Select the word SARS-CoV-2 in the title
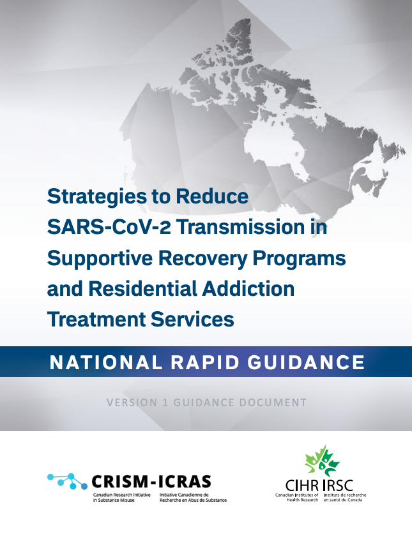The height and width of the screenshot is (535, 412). pos(109,227)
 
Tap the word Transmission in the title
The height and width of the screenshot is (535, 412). pos(241,227)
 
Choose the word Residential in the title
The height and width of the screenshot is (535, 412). pos(143,289)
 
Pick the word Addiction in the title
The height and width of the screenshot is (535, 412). pos(248,289)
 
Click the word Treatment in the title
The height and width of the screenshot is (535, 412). pos(96,319)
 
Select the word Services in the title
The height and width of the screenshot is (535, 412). pos(192,319)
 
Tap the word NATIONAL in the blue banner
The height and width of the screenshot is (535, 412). pos(106,362)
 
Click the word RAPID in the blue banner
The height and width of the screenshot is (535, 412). pos(205,362)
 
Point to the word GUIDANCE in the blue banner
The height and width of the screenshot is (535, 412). pos(307,362)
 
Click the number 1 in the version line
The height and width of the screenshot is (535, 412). pos(165,402)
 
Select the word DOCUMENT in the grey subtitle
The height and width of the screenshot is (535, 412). pos(273,402)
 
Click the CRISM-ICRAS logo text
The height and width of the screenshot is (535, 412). pos(151,482)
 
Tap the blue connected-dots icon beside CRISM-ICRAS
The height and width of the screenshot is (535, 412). pos(67,481)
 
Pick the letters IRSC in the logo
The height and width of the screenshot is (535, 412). pos(338,485)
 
